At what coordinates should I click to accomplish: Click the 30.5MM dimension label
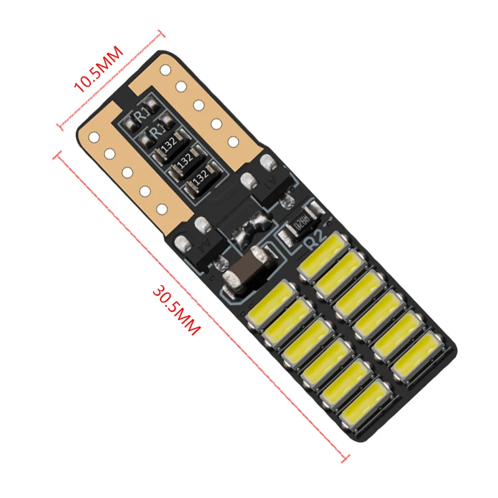coord(176,310)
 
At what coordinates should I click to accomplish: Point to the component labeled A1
coord(273,181)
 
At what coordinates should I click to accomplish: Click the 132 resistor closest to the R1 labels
coord(167,144)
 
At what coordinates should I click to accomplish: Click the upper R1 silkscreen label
coord(143,113)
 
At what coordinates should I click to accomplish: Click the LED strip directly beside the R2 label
coord(322,256)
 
